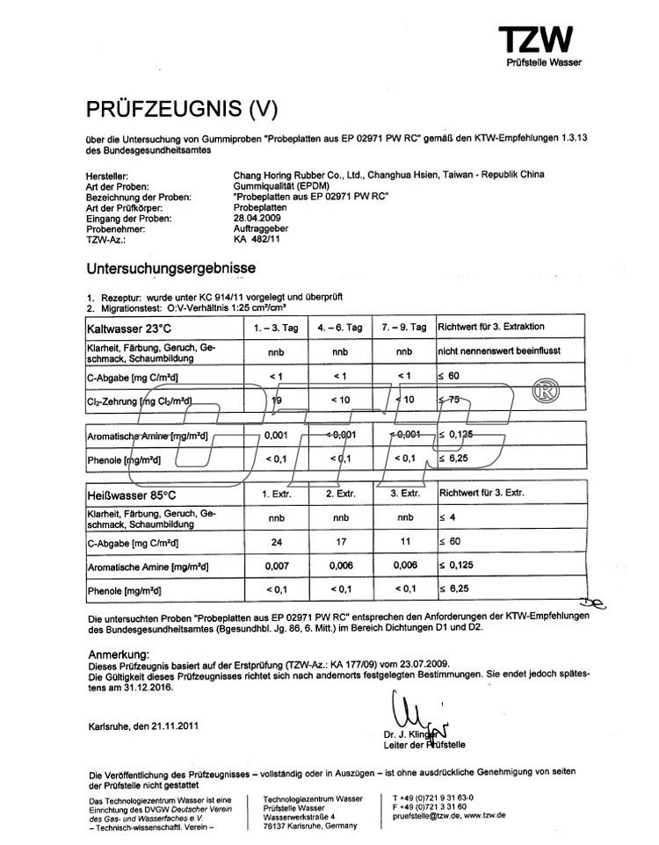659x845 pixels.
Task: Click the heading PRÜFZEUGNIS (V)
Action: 181,109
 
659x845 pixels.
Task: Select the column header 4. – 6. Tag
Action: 339,327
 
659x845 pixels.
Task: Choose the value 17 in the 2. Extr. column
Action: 339,543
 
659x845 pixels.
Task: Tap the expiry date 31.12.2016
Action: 141,689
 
